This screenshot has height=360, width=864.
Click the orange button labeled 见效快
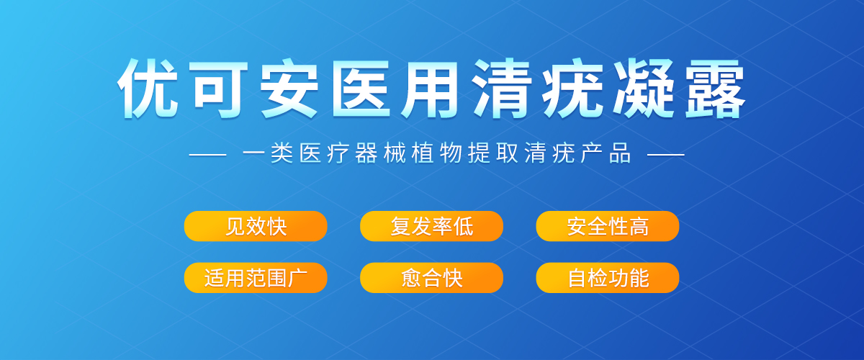tap(256, 226)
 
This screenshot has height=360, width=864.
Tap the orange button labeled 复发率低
tap(431, 226)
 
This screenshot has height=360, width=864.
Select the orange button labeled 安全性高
tap(608, 226)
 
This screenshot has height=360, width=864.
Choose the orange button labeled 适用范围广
tap(256, 278)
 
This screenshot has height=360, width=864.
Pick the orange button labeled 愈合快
tap(431, 278)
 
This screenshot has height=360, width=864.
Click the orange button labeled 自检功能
tap(608, 278)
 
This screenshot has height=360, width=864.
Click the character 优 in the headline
tap(148, 89)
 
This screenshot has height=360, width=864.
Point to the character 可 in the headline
tap(218, 89)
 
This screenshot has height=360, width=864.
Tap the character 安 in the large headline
tap(289, 89)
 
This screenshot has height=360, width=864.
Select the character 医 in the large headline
tap(361, 89)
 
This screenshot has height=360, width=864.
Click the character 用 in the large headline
tap(429, 89)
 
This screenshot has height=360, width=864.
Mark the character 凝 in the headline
tap(644, 89)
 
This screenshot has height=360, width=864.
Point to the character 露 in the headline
tap(715, 89)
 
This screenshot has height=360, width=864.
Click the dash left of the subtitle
tap(207, 155)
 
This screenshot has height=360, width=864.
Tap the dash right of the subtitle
tap(666, 155)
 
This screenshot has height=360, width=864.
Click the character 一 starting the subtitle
tap(253, 153)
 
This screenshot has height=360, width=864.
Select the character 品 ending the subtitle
tap(620, 153)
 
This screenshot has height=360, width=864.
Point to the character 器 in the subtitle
tap(366, 153)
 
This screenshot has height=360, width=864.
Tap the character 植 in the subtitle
tap(423, 153)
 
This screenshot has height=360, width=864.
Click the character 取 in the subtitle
tap(507, 153)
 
